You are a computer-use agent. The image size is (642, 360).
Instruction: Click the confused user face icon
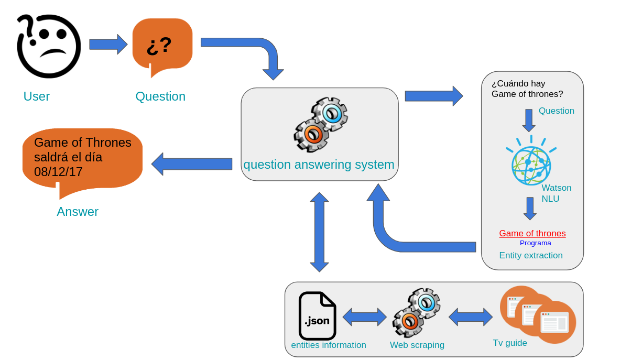pos(49,46)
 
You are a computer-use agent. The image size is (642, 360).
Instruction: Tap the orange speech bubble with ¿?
pos(162,45)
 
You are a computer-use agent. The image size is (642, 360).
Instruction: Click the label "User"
pos(37,96)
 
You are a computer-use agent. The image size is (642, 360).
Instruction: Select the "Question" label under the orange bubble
pos(160,96)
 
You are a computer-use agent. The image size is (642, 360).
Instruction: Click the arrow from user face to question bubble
pos(108,44)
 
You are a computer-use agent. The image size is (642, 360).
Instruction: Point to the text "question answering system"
pos(319,165)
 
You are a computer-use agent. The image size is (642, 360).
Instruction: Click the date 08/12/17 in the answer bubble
pos(58,172)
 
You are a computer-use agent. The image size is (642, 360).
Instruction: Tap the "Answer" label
pos(78,212)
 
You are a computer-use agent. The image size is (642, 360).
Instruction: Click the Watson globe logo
pos(531,164)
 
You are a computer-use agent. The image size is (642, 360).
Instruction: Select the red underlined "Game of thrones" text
pos(532,234)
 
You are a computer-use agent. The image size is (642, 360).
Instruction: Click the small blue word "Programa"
pos(535,243)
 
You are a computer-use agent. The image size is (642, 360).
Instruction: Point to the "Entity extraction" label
pos(531,256)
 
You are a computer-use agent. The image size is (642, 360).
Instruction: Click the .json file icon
pos(317,316)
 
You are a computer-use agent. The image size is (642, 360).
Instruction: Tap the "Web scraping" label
pos(417,345)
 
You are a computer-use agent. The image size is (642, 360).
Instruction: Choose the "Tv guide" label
pos(510,343)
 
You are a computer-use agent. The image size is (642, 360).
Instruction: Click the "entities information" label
pos(329,345)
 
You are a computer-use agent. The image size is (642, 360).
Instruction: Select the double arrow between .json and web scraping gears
pos(364,317)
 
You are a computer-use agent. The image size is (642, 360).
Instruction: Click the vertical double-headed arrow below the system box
pos(319,232)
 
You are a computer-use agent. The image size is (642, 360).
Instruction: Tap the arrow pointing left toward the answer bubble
pos(192,164)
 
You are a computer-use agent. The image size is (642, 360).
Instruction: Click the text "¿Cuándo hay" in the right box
pos(518,84)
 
